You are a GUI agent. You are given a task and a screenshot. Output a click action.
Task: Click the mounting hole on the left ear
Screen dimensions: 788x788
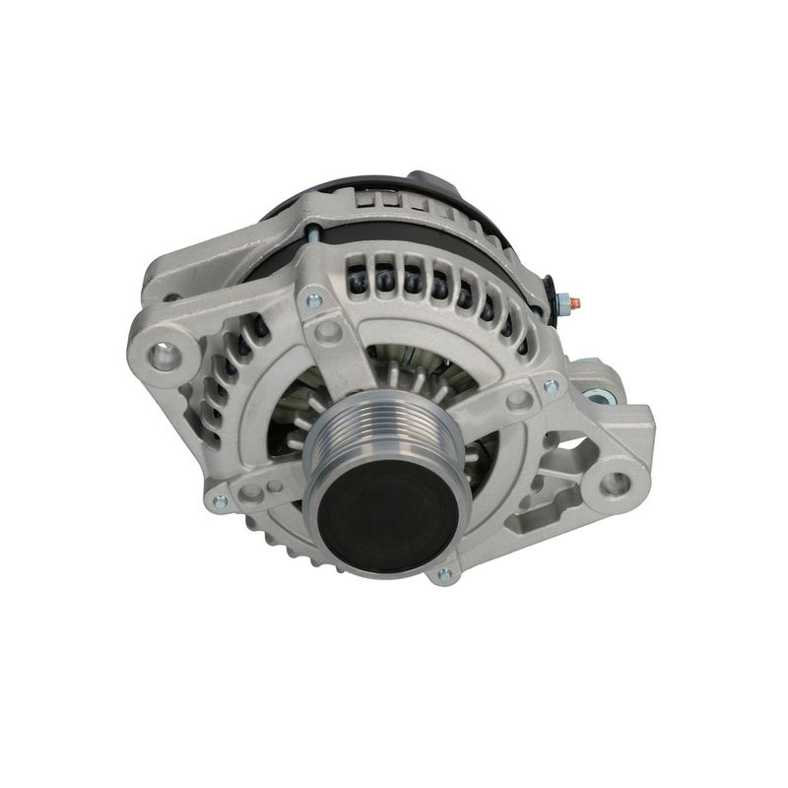tap(164, 355)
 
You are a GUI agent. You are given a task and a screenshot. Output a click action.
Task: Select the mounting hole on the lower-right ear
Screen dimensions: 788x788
tap(614, 484)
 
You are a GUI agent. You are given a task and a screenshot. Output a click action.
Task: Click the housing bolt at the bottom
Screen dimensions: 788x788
tap(445, 574)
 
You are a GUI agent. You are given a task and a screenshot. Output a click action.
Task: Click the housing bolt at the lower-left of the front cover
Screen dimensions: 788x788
tap(220, 500)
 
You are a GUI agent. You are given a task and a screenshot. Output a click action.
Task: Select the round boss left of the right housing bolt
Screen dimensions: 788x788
tap(519, 400)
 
